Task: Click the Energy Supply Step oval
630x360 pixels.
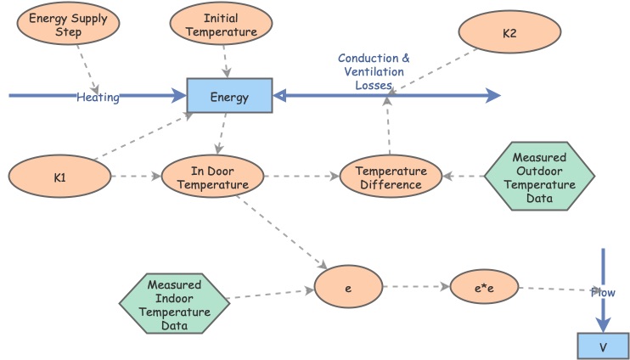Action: coord(68,25)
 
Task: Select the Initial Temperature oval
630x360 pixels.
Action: coord(221,25)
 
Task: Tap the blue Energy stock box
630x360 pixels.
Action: coord(229,97)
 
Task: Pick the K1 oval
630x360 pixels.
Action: coord(59,177)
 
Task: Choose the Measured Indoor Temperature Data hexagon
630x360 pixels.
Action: coord(174,301)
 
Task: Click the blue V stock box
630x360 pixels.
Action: coord(603,346)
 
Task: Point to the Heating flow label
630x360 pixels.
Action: coord(98,98)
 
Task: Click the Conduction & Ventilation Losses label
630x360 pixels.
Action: coord(374,72)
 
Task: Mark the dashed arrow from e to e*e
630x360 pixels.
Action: coord(416,287)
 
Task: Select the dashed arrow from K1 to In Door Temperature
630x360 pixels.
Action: coord(136,177)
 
